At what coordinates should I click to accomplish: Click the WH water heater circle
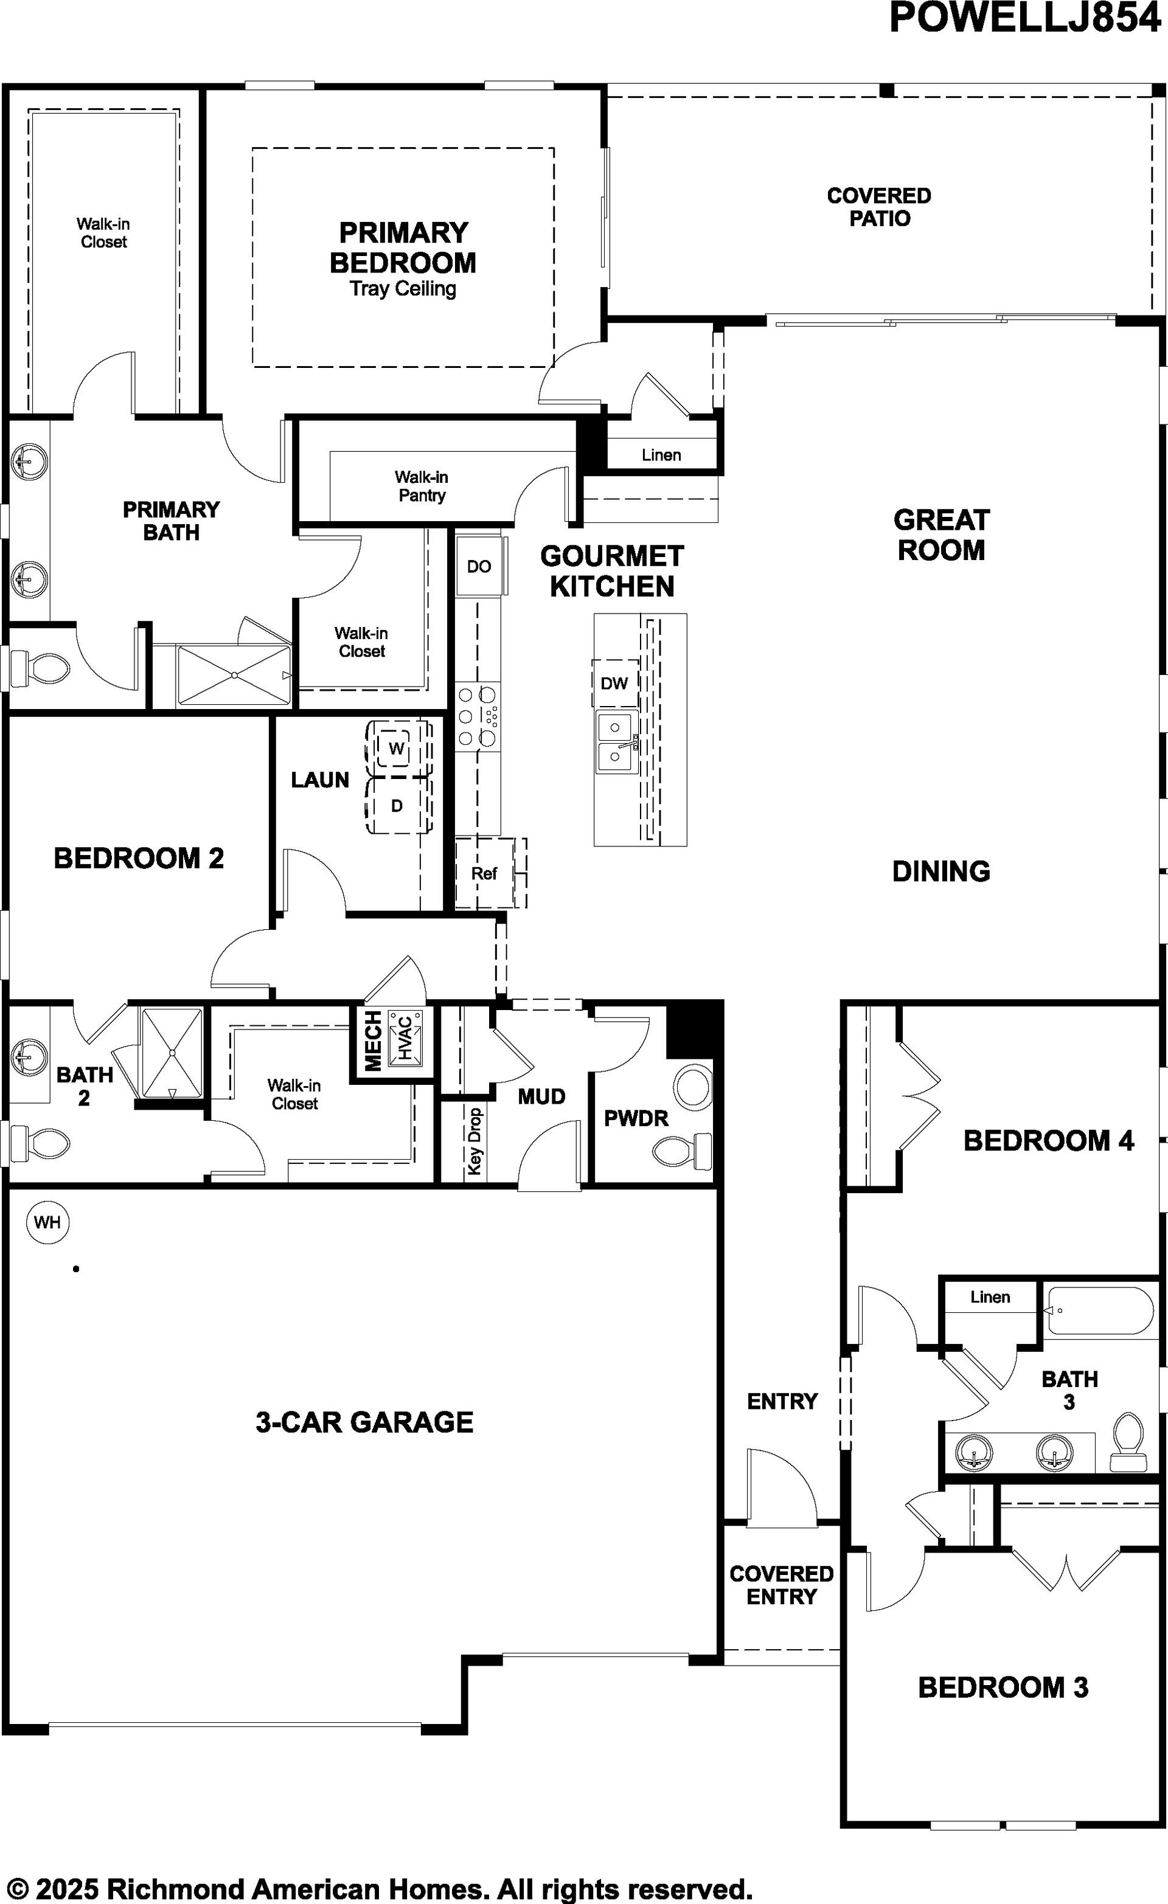click(x=48, y=1222)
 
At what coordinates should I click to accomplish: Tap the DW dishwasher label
click(x=614, y=683)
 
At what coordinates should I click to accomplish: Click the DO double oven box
click(x=479, y=566)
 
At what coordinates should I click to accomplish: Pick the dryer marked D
click(x=397, y=806)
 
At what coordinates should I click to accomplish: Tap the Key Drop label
click(x=474, y=1141)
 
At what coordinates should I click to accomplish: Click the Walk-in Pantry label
click(x=422, y=486)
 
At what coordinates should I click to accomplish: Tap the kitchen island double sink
click(x=617, y=743)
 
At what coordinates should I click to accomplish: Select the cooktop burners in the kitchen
click(x=478, y=716)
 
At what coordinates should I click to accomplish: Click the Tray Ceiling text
click(x=403, y=289)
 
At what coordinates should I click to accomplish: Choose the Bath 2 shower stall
click(x=172, y=1053)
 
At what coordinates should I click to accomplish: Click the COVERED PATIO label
click(x=880, y=207)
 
